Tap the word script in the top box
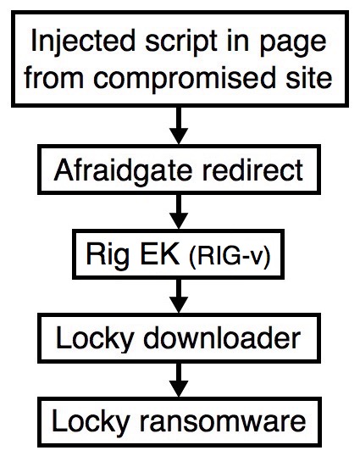point(181,43)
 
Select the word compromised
point(184,77)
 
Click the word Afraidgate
point(123,171)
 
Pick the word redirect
point(252,170)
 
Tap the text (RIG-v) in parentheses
point(230,257)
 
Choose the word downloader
point(222,337)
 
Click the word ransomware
point(223,423)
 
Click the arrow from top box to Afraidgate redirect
point(179,125)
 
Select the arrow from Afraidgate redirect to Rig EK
point(179,211)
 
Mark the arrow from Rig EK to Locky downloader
point(179,296)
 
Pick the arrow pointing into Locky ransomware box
point(179,380)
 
